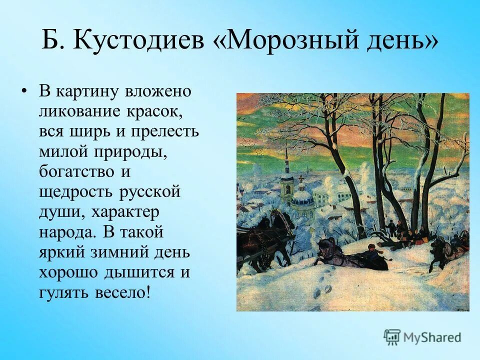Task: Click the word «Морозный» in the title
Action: tap(281, 41)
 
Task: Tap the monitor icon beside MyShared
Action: tap(392, 337)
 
